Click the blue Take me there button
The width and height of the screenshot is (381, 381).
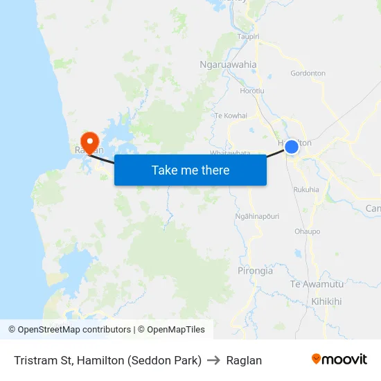(190, 170)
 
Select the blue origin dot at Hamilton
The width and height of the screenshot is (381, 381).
(292, 147)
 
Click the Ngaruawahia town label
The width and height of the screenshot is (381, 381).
(228, 64)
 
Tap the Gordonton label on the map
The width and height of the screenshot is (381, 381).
(308, 73)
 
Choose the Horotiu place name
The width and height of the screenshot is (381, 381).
(251, 91)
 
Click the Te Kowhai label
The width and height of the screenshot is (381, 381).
(231, 116)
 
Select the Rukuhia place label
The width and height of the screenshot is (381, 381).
(306, 189)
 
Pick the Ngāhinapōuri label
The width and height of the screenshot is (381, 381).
(257, 216)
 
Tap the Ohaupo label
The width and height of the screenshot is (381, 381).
(308, 231)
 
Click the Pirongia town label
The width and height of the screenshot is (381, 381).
(255, 271)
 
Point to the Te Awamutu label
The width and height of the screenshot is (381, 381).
(317, 284)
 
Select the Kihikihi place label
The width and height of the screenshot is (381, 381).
(327, 301)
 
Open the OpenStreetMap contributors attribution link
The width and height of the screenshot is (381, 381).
(69, 330)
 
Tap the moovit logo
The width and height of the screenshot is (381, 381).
(339, 360)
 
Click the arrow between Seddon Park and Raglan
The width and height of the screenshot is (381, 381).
(214, 360)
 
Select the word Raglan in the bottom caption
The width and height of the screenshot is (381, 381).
(244, 360)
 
